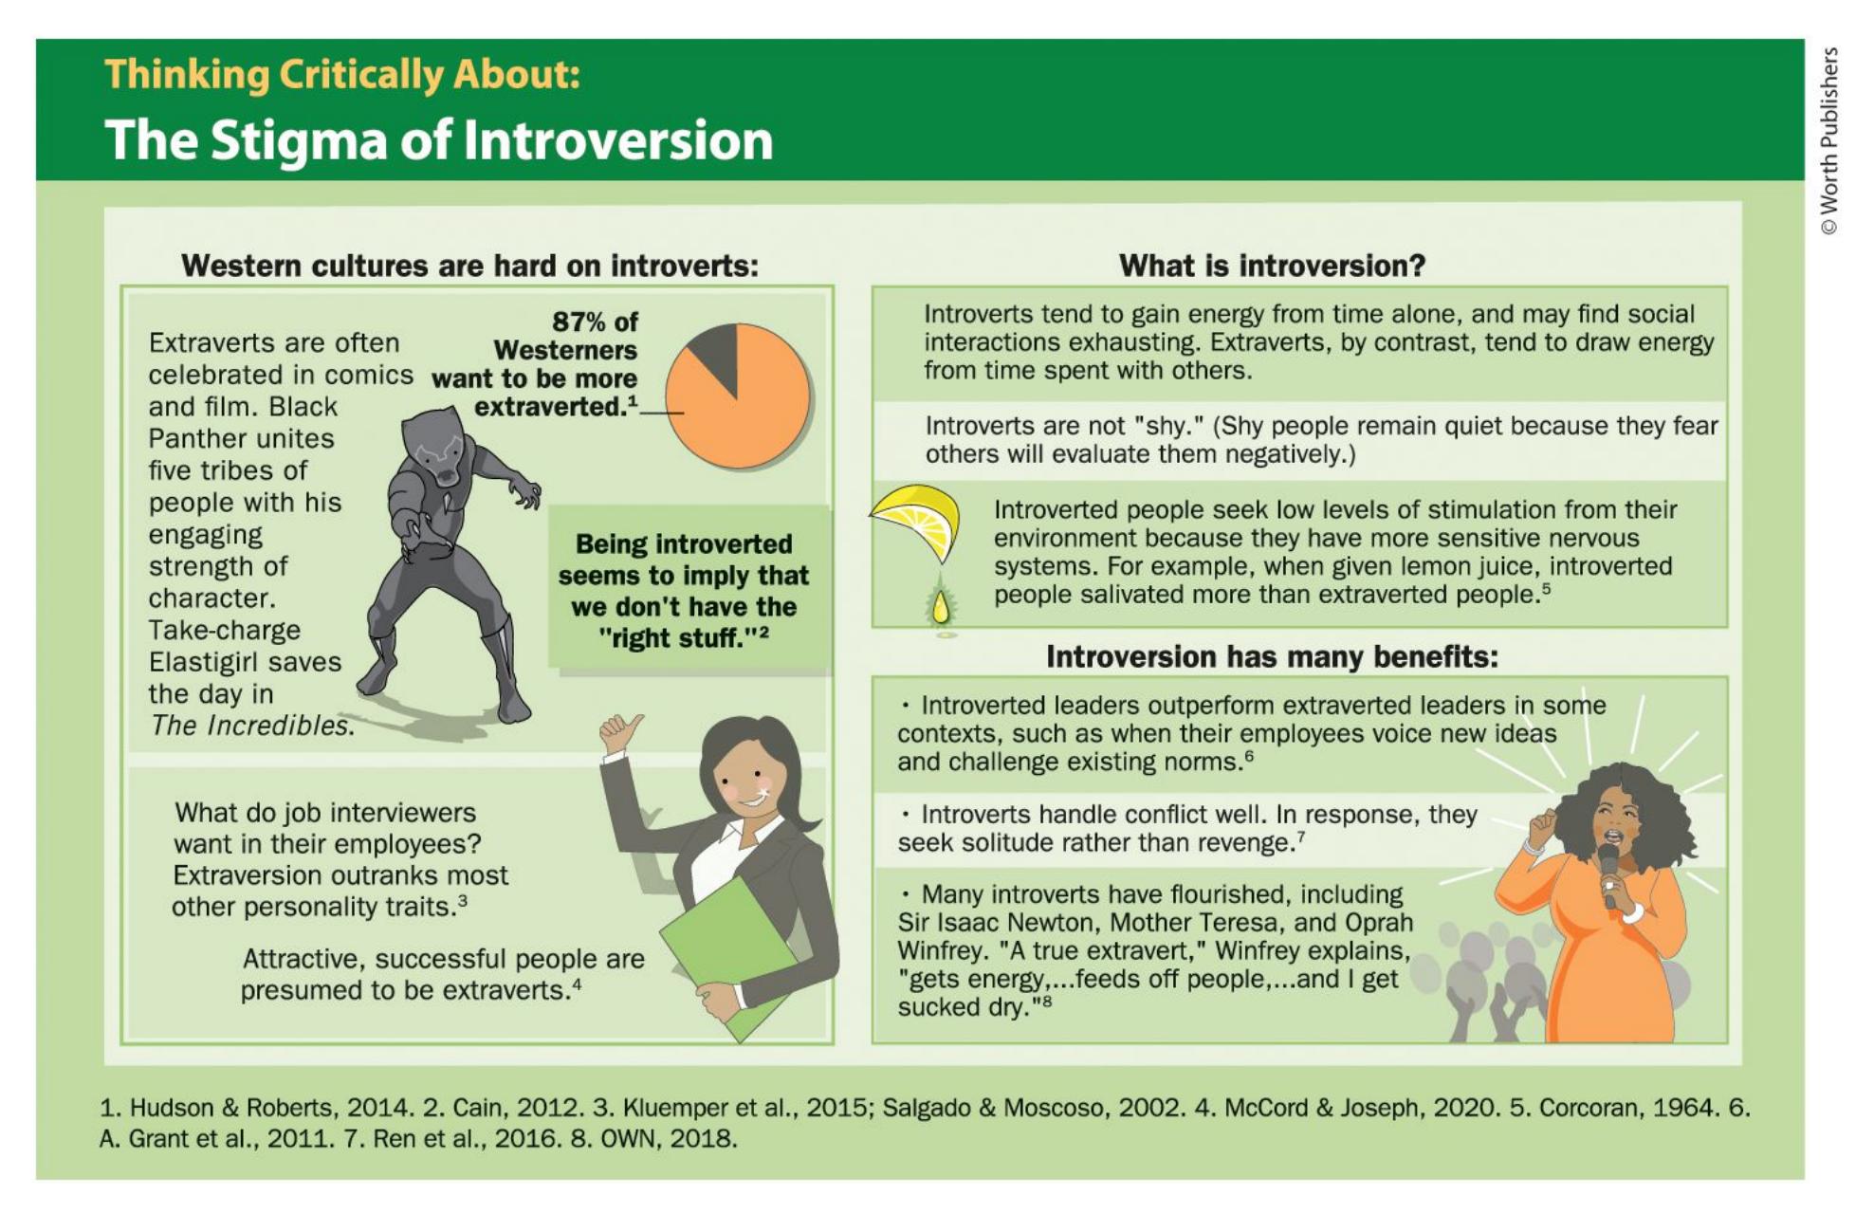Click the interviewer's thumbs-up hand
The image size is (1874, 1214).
click(620, 734)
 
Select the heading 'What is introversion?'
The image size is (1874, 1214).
click(1272, 266)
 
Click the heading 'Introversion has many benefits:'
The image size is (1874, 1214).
click(1272, 656)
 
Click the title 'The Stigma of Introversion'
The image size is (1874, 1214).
click(439, 139)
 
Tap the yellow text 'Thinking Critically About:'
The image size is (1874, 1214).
click(342, 74)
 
